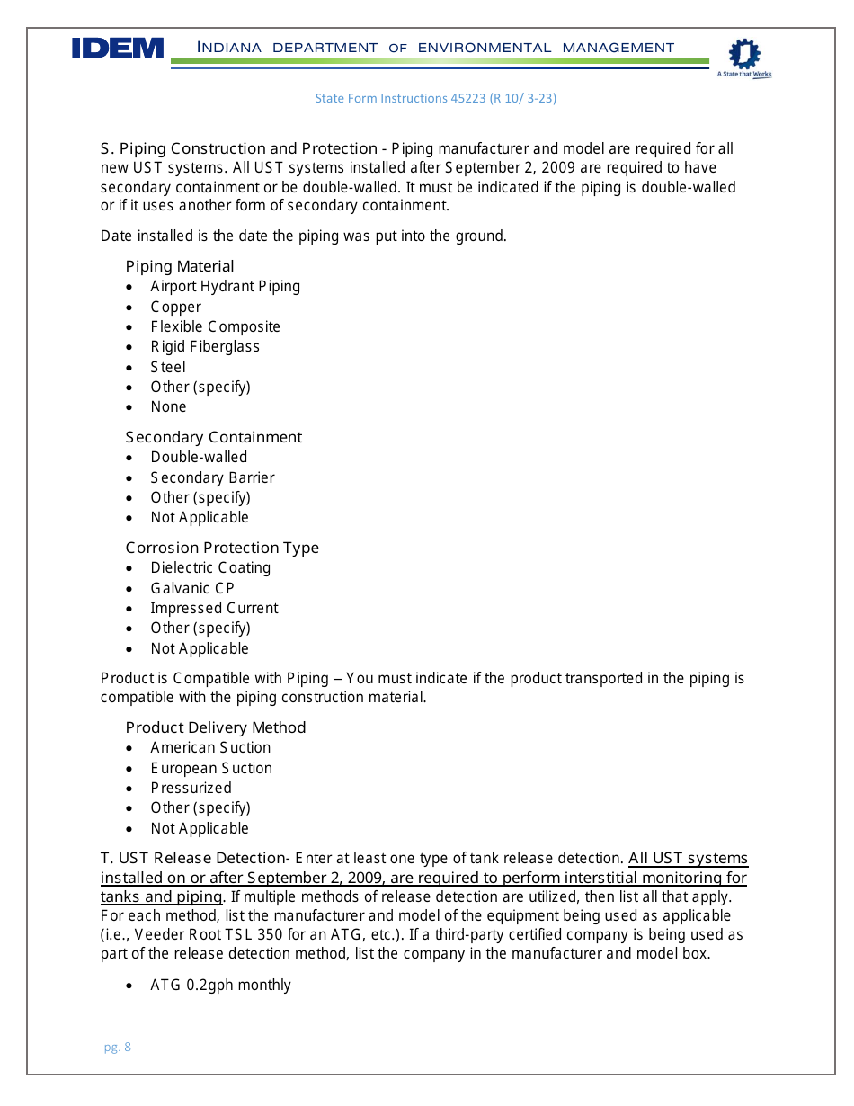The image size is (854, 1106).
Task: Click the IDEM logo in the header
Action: pos(118,49)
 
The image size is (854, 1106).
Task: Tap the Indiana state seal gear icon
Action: pos(743,55)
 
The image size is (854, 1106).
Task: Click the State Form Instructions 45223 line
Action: pos(435,98)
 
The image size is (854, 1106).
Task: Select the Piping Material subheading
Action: pos(180,266)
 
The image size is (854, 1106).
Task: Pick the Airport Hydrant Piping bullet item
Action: pos(225,286)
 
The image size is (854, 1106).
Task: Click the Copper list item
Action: pos(175,307)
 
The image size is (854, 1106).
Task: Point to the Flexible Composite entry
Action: pos(215,326)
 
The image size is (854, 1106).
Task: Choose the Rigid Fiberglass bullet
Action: pos(205,346)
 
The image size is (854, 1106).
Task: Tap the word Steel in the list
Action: pos(168,367)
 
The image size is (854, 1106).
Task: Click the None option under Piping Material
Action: pos(168,406)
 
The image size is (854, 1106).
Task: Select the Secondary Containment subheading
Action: pos(214,437)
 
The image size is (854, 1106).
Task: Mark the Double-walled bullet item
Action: pos(199,457)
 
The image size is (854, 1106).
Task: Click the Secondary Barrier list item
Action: pos(212,477)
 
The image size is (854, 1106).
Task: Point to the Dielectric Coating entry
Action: pos(210,567)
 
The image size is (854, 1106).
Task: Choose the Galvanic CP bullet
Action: pos(192,588)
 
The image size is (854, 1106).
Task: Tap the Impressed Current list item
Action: pos(214,608)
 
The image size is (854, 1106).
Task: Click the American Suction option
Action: pos(210,747)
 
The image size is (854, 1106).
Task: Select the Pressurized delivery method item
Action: pos(191,788)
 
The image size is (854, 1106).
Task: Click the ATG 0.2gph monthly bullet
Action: pos(220,985)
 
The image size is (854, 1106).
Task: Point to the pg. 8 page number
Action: pos(117,1047)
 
